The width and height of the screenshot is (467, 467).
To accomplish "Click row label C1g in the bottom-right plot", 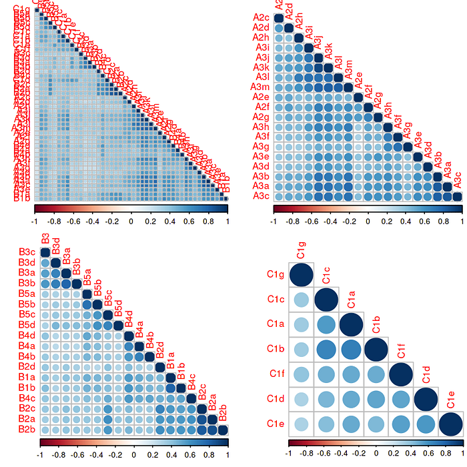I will tap(276, 274).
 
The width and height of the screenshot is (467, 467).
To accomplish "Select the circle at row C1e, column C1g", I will tap(301, 424).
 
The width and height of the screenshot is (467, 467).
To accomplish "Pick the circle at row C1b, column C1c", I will tap(326, 349).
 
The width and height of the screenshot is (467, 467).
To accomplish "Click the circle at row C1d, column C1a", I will tap(351, 399).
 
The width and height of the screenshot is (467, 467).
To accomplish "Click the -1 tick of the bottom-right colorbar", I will tap(288, 452).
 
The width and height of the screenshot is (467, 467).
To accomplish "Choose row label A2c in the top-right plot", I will tap(261, 17).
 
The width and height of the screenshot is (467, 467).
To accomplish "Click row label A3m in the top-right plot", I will tap(261, 87).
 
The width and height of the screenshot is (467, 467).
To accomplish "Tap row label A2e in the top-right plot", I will tap(261, 97).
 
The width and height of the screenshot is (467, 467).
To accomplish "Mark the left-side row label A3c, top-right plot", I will tap(261, 196).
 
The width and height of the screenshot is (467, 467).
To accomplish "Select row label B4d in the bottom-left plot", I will tap(27, 335).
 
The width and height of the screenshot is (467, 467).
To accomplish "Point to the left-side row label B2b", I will tap(27, 429).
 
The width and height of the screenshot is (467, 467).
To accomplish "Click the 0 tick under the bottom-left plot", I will tap(134, 452).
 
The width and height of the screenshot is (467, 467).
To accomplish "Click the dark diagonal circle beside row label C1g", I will tap(301, 274).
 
